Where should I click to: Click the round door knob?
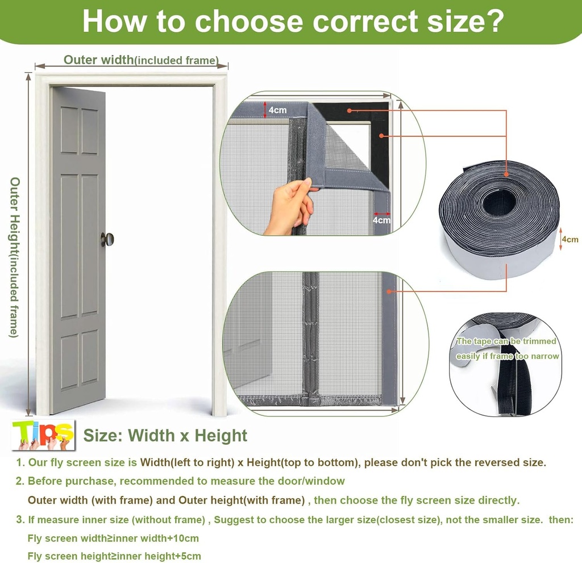107,239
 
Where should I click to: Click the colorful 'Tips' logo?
43,435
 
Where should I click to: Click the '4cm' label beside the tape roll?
569,239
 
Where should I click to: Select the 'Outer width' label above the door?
98,60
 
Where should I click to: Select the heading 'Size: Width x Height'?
165,436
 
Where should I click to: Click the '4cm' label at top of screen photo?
277,110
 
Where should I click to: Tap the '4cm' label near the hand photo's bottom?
381,220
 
